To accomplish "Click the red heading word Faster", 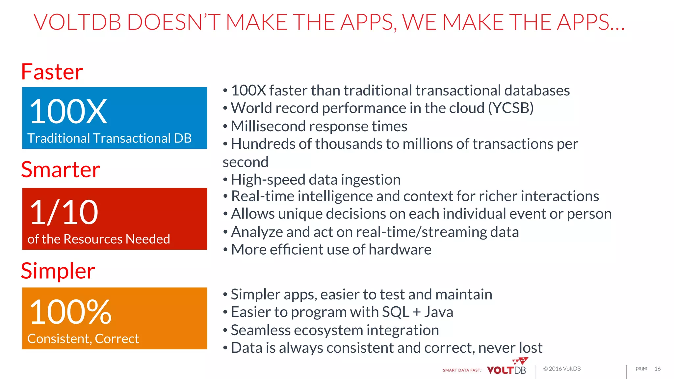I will (x=52, y=72).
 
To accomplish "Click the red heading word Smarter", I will (x=61, y=170).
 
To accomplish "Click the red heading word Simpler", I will (x=58, y=271).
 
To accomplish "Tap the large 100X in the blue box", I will (x=68, y=112).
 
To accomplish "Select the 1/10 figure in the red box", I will (x=64, y=213).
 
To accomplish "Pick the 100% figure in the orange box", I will (x=70, y=312).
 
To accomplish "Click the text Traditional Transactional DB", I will (x=109, y=138).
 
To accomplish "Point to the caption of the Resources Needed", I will (x=99, y=239).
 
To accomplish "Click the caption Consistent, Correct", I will (x=83, y=339).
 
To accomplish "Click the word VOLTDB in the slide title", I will (x=78, y=22).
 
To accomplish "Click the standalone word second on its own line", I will (x=246, y=162).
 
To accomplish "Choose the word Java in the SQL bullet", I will (x=438, y=312).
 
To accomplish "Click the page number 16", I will (x=657, y=369).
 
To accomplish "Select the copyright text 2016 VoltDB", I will (x=564, y=369).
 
